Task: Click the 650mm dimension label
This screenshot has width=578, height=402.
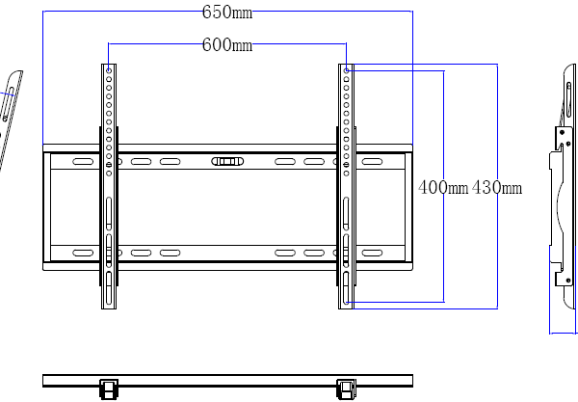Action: tap(227, 13)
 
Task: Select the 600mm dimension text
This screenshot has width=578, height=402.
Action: tap(227, 44)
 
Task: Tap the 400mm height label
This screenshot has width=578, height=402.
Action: tap(443, 188)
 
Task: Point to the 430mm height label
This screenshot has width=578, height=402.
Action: tap(497, 188)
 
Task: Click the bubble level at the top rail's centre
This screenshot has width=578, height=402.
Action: tap(227, 162)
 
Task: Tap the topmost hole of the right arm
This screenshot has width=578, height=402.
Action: tap(346, 70)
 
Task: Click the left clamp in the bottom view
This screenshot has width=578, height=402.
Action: tap(109, 389)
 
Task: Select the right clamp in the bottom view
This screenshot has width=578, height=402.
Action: tap(346, 389)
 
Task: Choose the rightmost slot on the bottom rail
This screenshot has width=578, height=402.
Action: tap(372, 253)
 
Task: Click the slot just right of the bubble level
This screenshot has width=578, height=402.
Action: tap(285, 162)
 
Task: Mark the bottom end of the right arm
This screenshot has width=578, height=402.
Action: tap(346, 304)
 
